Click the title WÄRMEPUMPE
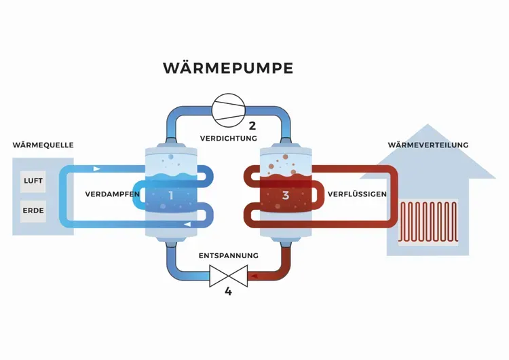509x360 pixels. pos(228,68)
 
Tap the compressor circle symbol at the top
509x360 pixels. pos(228,108)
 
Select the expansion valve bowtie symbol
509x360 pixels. pos(228,276)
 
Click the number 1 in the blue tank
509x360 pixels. pos(171,196)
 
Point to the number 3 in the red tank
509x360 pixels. pos(286,196)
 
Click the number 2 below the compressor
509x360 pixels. pos(252,125)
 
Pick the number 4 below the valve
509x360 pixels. pos(228,292)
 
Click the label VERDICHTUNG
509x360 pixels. pos(229,138)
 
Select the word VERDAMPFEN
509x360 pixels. pos(113,194)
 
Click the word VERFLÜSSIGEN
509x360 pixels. pos(357,194)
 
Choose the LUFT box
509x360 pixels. pos(33,181)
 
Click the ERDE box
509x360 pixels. pos(33,211)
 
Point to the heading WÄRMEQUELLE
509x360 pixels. pos(43,145)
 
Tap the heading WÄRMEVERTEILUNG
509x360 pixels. pos(428,145)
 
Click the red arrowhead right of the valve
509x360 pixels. pos(254,276)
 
